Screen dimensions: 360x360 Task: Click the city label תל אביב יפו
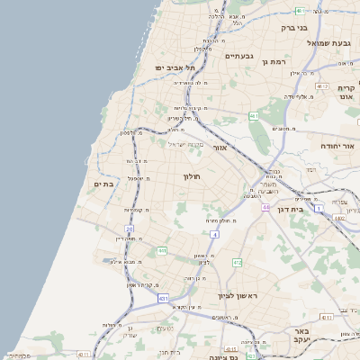pyautogui.click(x=168, y=67)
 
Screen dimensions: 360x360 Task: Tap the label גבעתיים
pyautogui.click(x=240, y=56)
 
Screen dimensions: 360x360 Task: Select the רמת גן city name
pyautogui.click(x=271, y=61)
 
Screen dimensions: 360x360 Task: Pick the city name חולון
pyautogui.click(x=193, y=176)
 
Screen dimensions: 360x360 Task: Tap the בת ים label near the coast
pyautogui.click(x=104, y=184)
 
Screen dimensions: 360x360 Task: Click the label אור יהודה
pyautogui.click(x=338, y=145)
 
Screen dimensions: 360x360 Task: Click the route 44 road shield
pyautogui.click(x=265, y=207)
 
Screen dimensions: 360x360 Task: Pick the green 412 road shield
pyautogui.click(x=238, y=262)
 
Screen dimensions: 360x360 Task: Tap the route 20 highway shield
pyautogui.click(x=130, y=229)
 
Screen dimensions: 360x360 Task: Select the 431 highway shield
pyautogui.click(x=163, y=297)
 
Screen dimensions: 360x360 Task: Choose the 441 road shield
pyautogui.click(x=162, y=251)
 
